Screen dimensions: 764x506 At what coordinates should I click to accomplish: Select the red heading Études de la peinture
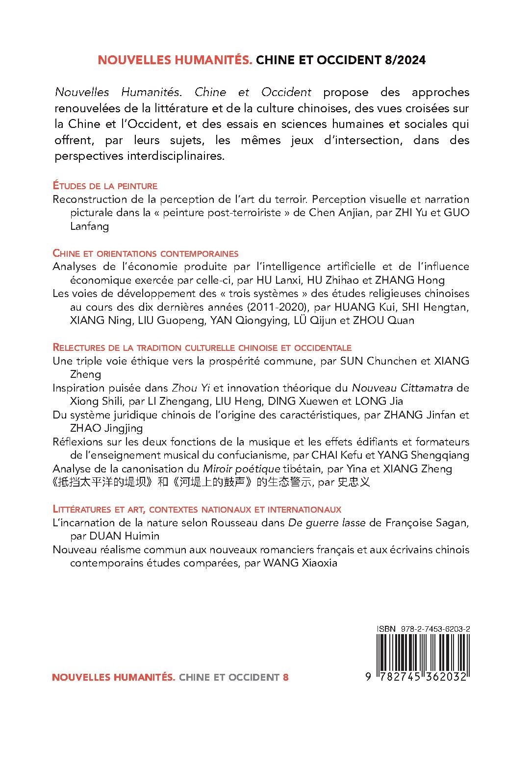tap(104, 186)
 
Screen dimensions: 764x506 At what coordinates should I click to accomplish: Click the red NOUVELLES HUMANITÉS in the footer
tap(114, 677)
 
